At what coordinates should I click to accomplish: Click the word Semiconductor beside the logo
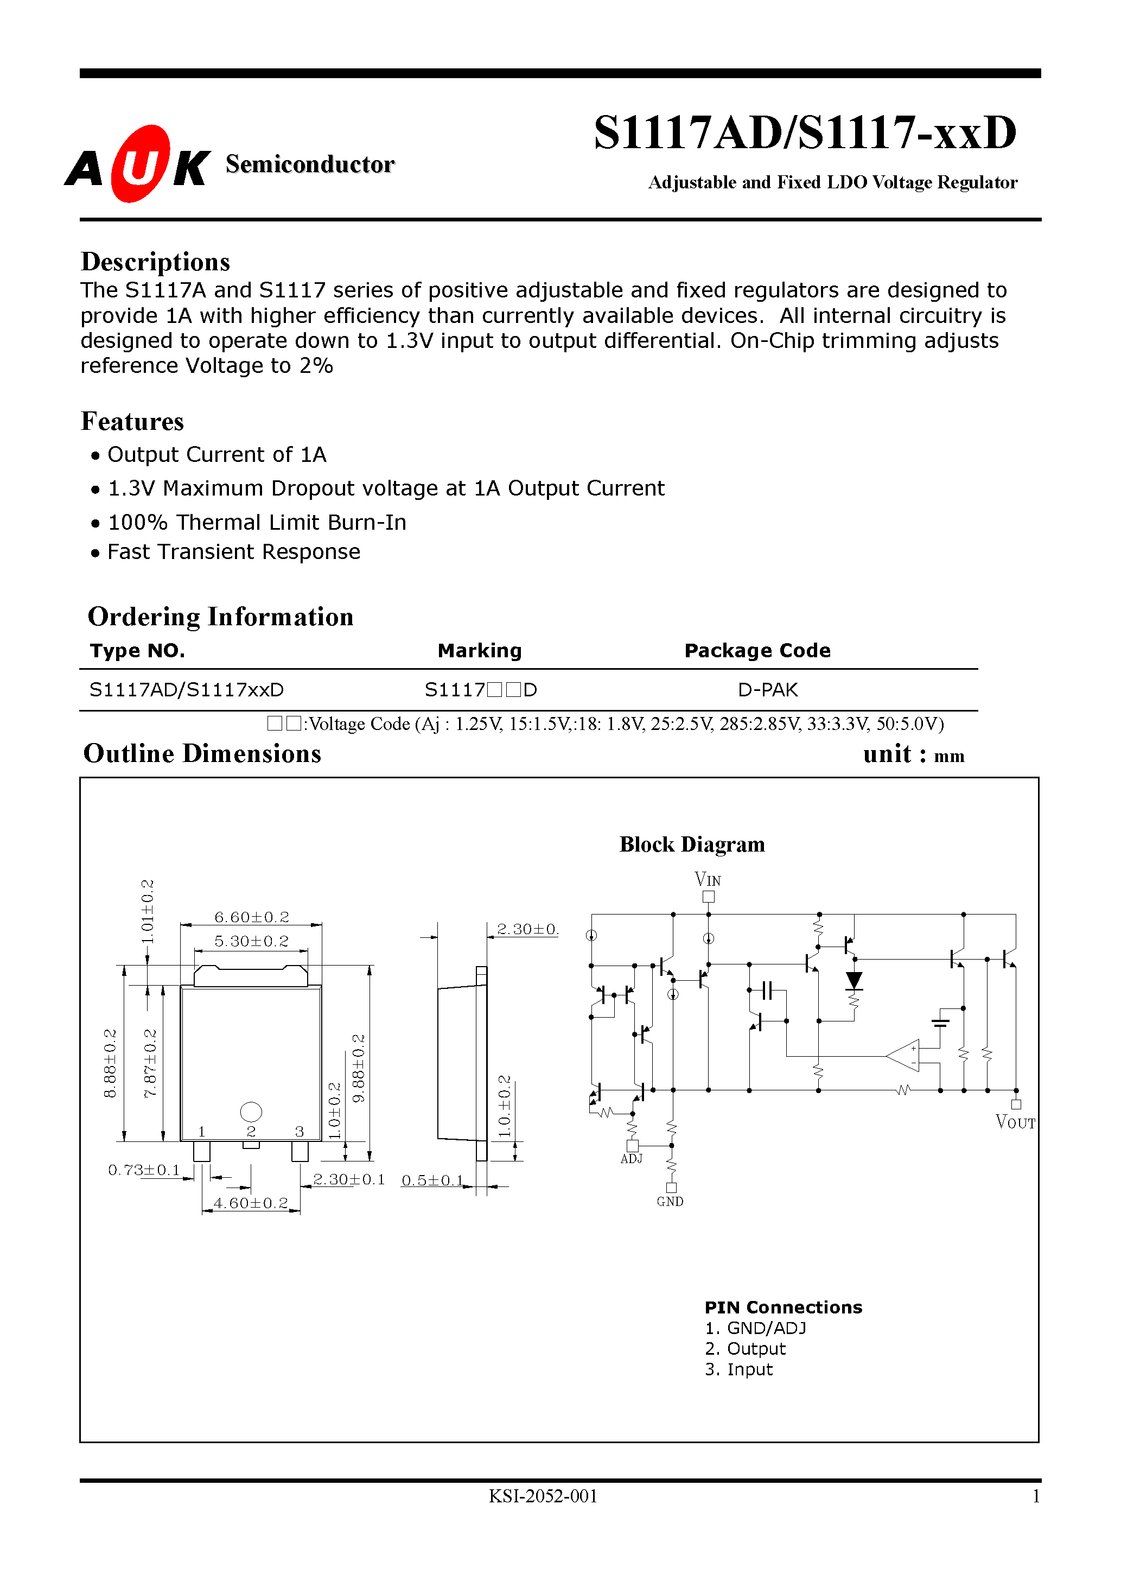tap(310, 164)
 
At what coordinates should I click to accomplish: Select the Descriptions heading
tap(156, 262)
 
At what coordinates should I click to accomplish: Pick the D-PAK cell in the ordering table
tap(767, 690)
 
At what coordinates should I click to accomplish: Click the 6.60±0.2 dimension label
tap(252, 917)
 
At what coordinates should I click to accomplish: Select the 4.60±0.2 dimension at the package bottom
tap(251, 1203)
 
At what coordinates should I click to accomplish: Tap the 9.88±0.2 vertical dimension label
tap(358, 1069)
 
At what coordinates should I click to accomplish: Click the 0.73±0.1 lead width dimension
tap(144, 1170)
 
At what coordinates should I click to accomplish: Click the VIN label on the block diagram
tap(708, 879)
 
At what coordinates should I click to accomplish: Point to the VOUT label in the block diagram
tap(1015, 1122)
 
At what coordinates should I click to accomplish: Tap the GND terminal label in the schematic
tap(670, 1202)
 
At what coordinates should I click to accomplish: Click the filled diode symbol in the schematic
tap(854, 980)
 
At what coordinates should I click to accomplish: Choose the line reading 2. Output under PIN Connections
tap(745, 1349)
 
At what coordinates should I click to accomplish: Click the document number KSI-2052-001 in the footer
tap(543, 1496)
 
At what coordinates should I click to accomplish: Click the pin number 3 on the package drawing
tap(300, 1132)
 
